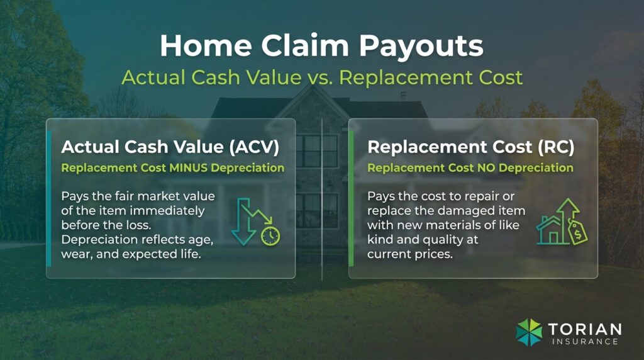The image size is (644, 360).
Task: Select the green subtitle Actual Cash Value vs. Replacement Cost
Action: pyautogui.click(x=321, y=77)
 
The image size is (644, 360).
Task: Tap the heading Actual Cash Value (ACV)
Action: pyautogui.click(x=170, y=147)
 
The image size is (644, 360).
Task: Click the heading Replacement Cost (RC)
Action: pyautogui.click(x=470, y=147)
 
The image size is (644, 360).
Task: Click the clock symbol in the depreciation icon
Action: pyautogui.click(x=271, y=235)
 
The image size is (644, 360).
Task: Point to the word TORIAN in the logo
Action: pyautogui.click(x=585, y=329)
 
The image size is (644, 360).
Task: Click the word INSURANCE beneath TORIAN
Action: pyautogui.click(x=585, y=342)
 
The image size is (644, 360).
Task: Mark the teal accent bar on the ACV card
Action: pyautogui.click(x=49, y=198)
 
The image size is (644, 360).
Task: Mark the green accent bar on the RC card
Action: pyautogui.click(x=352, y=198)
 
